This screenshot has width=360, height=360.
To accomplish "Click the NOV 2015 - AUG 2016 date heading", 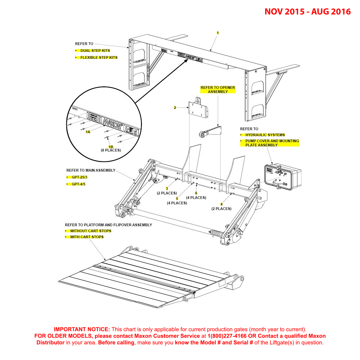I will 307,12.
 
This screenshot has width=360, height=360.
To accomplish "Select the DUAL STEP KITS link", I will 95,51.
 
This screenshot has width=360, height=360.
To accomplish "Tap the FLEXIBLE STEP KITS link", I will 99,58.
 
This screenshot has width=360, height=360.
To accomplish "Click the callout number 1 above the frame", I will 218,33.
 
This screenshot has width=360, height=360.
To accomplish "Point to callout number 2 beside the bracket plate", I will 175,108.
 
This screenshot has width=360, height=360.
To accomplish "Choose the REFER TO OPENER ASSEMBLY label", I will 218,90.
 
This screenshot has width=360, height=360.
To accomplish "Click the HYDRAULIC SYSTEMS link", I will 265,135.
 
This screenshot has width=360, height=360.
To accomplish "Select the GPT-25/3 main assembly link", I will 79,177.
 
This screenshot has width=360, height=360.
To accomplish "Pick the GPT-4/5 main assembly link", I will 78,184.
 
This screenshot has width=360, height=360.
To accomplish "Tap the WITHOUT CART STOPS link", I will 91,231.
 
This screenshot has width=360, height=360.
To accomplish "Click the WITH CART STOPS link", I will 87,237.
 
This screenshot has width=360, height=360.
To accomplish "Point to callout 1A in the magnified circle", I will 88,132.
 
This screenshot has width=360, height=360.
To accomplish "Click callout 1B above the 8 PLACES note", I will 111,147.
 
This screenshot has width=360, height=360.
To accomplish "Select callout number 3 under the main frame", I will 167,189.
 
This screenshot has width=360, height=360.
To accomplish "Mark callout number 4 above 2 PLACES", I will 221,204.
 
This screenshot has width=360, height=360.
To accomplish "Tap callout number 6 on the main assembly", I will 196,193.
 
